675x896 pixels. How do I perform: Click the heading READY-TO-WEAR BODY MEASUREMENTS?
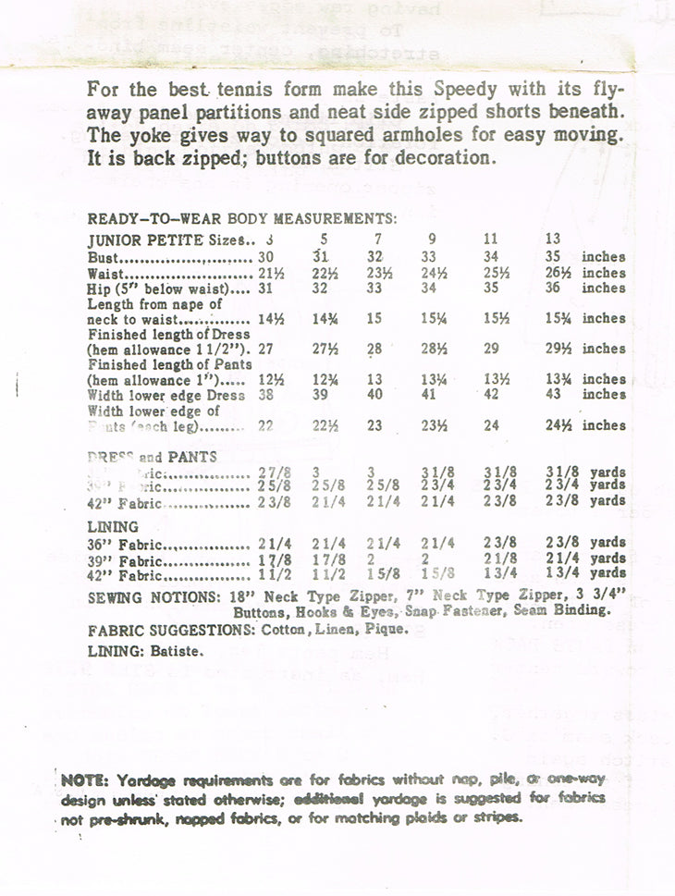242,219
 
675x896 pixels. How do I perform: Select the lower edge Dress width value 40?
374,394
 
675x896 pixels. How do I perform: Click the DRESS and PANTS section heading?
152,456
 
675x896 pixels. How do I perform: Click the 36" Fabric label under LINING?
124,543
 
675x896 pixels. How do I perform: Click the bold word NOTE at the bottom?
83,780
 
